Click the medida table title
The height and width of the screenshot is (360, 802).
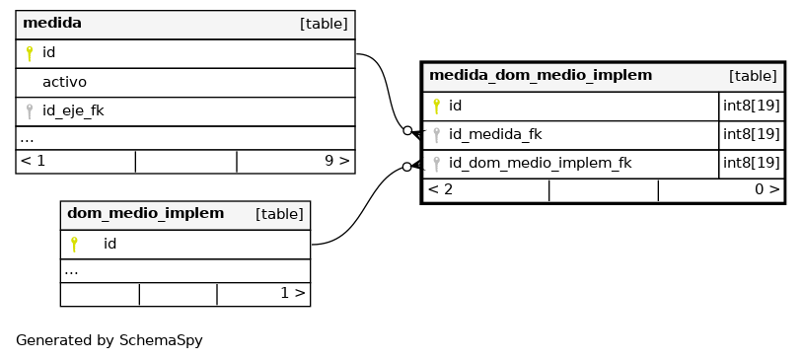click(52, 23)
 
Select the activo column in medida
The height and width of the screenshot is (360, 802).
click(64, 82)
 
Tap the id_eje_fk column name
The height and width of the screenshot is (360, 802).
click(73, 111)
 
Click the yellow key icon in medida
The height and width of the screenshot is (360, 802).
click(30, 53)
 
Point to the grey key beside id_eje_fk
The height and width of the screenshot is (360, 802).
click(30, 111)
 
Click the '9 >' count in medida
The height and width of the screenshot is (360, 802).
click(337, 161)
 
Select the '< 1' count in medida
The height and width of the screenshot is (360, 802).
click(33, 161)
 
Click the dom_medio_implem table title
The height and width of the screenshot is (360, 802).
click(146, 213)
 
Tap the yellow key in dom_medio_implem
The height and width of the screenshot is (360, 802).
click(74, 245)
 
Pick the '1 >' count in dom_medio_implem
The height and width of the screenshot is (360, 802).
click(293, 293)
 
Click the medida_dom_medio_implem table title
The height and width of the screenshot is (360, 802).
click(541, 76)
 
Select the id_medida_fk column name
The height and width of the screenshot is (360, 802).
click(495, 134)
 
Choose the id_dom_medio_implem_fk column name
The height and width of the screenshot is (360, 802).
click(541, 163)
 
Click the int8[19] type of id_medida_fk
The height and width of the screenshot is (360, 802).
click(752, 134)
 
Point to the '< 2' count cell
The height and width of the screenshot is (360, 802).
click(440, 189)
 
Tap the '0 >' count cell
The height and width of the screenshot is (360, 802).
click(767, 189)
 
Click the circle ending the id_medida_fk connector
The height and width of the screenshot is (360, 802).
click(407, 131)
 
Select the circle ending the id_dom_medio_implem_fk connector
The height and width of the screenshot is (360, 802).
click(406, 167)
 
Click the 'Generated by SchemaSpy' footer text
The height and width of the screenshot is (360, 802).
click(109, 340)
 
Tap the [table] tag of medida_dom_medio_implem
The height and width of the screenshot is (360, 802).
click(753, 76)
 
